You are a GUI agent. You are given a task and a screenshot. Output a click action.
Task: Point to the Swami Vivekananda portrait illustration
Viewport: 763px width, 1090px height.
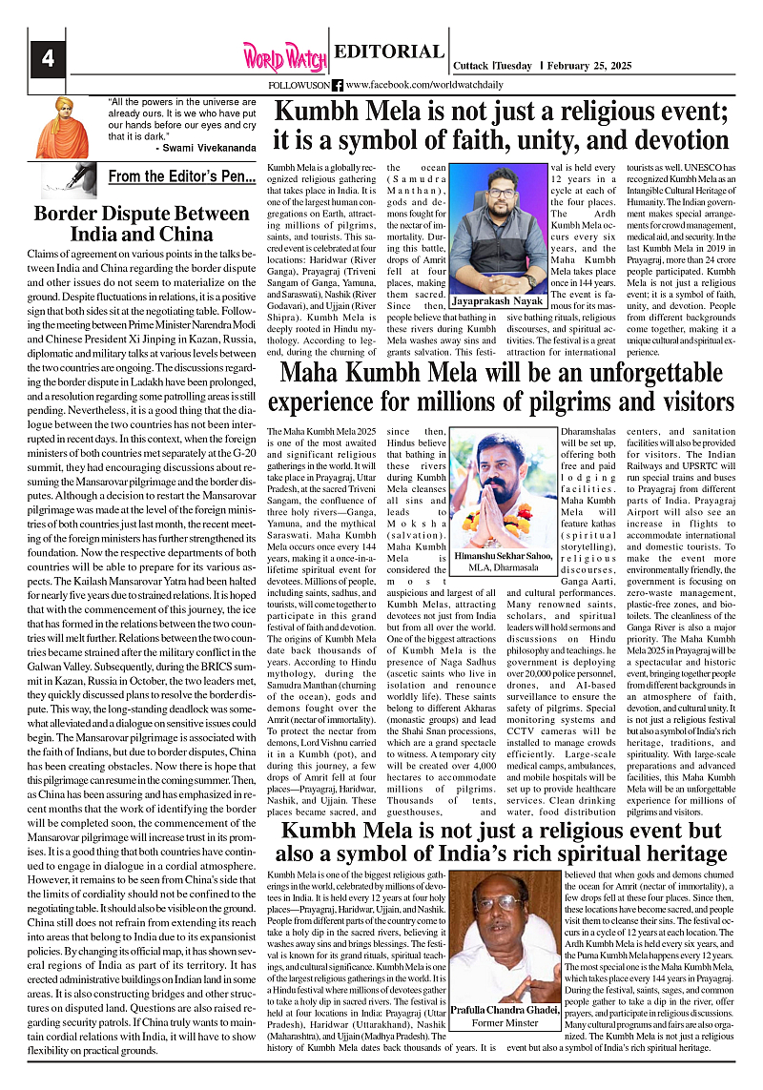[x=61, y=127]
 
